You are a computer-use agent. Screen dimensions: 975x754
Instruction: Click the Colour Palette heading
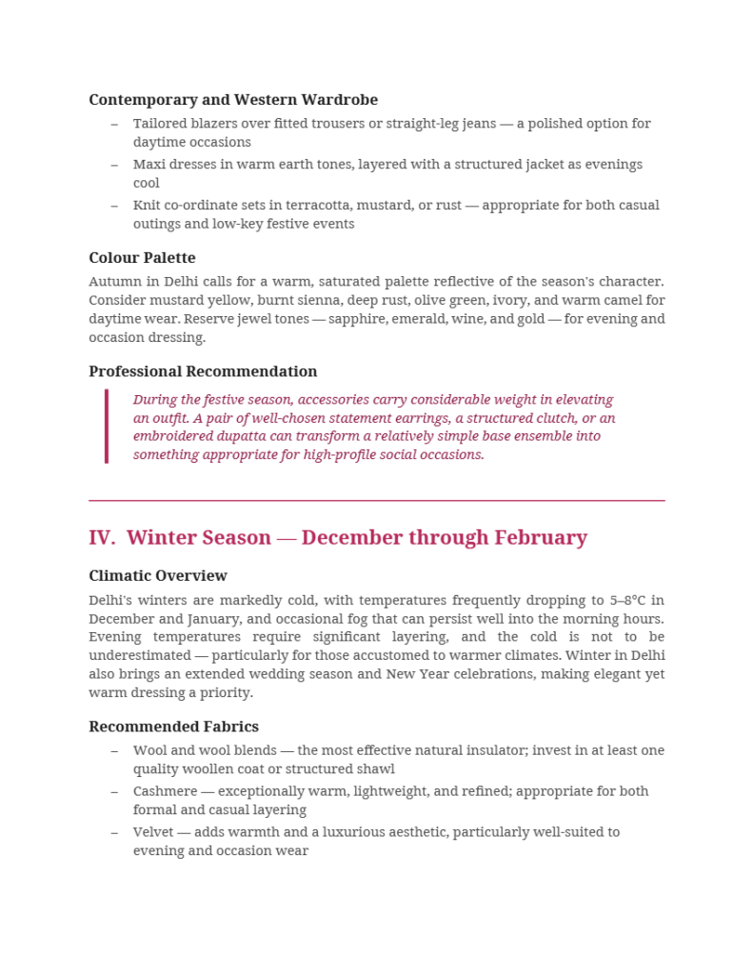[142, 258]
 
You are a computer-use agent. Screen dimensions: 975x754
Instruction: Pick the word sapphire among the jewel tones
[359, 319]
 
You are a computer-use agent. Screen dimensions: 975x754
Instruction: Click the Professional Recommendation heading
[203, 371]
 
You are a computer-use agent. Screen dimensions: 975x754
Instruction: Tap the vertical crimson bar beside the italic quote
[107, 427]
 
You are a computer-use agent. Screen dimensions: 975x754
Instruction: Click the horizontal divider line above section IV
[376, 500]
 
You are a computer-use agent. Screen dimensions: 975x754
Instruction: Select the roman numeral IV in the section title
[101, 538]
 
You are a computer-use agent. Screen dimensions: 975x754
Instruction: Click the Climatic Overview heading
[158, 576]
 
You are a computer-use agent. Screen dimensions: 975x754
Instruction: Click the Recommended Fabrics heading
[173, 726]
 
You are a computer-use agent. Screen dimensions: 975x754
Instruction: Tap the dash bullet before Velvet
[114, 832]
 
